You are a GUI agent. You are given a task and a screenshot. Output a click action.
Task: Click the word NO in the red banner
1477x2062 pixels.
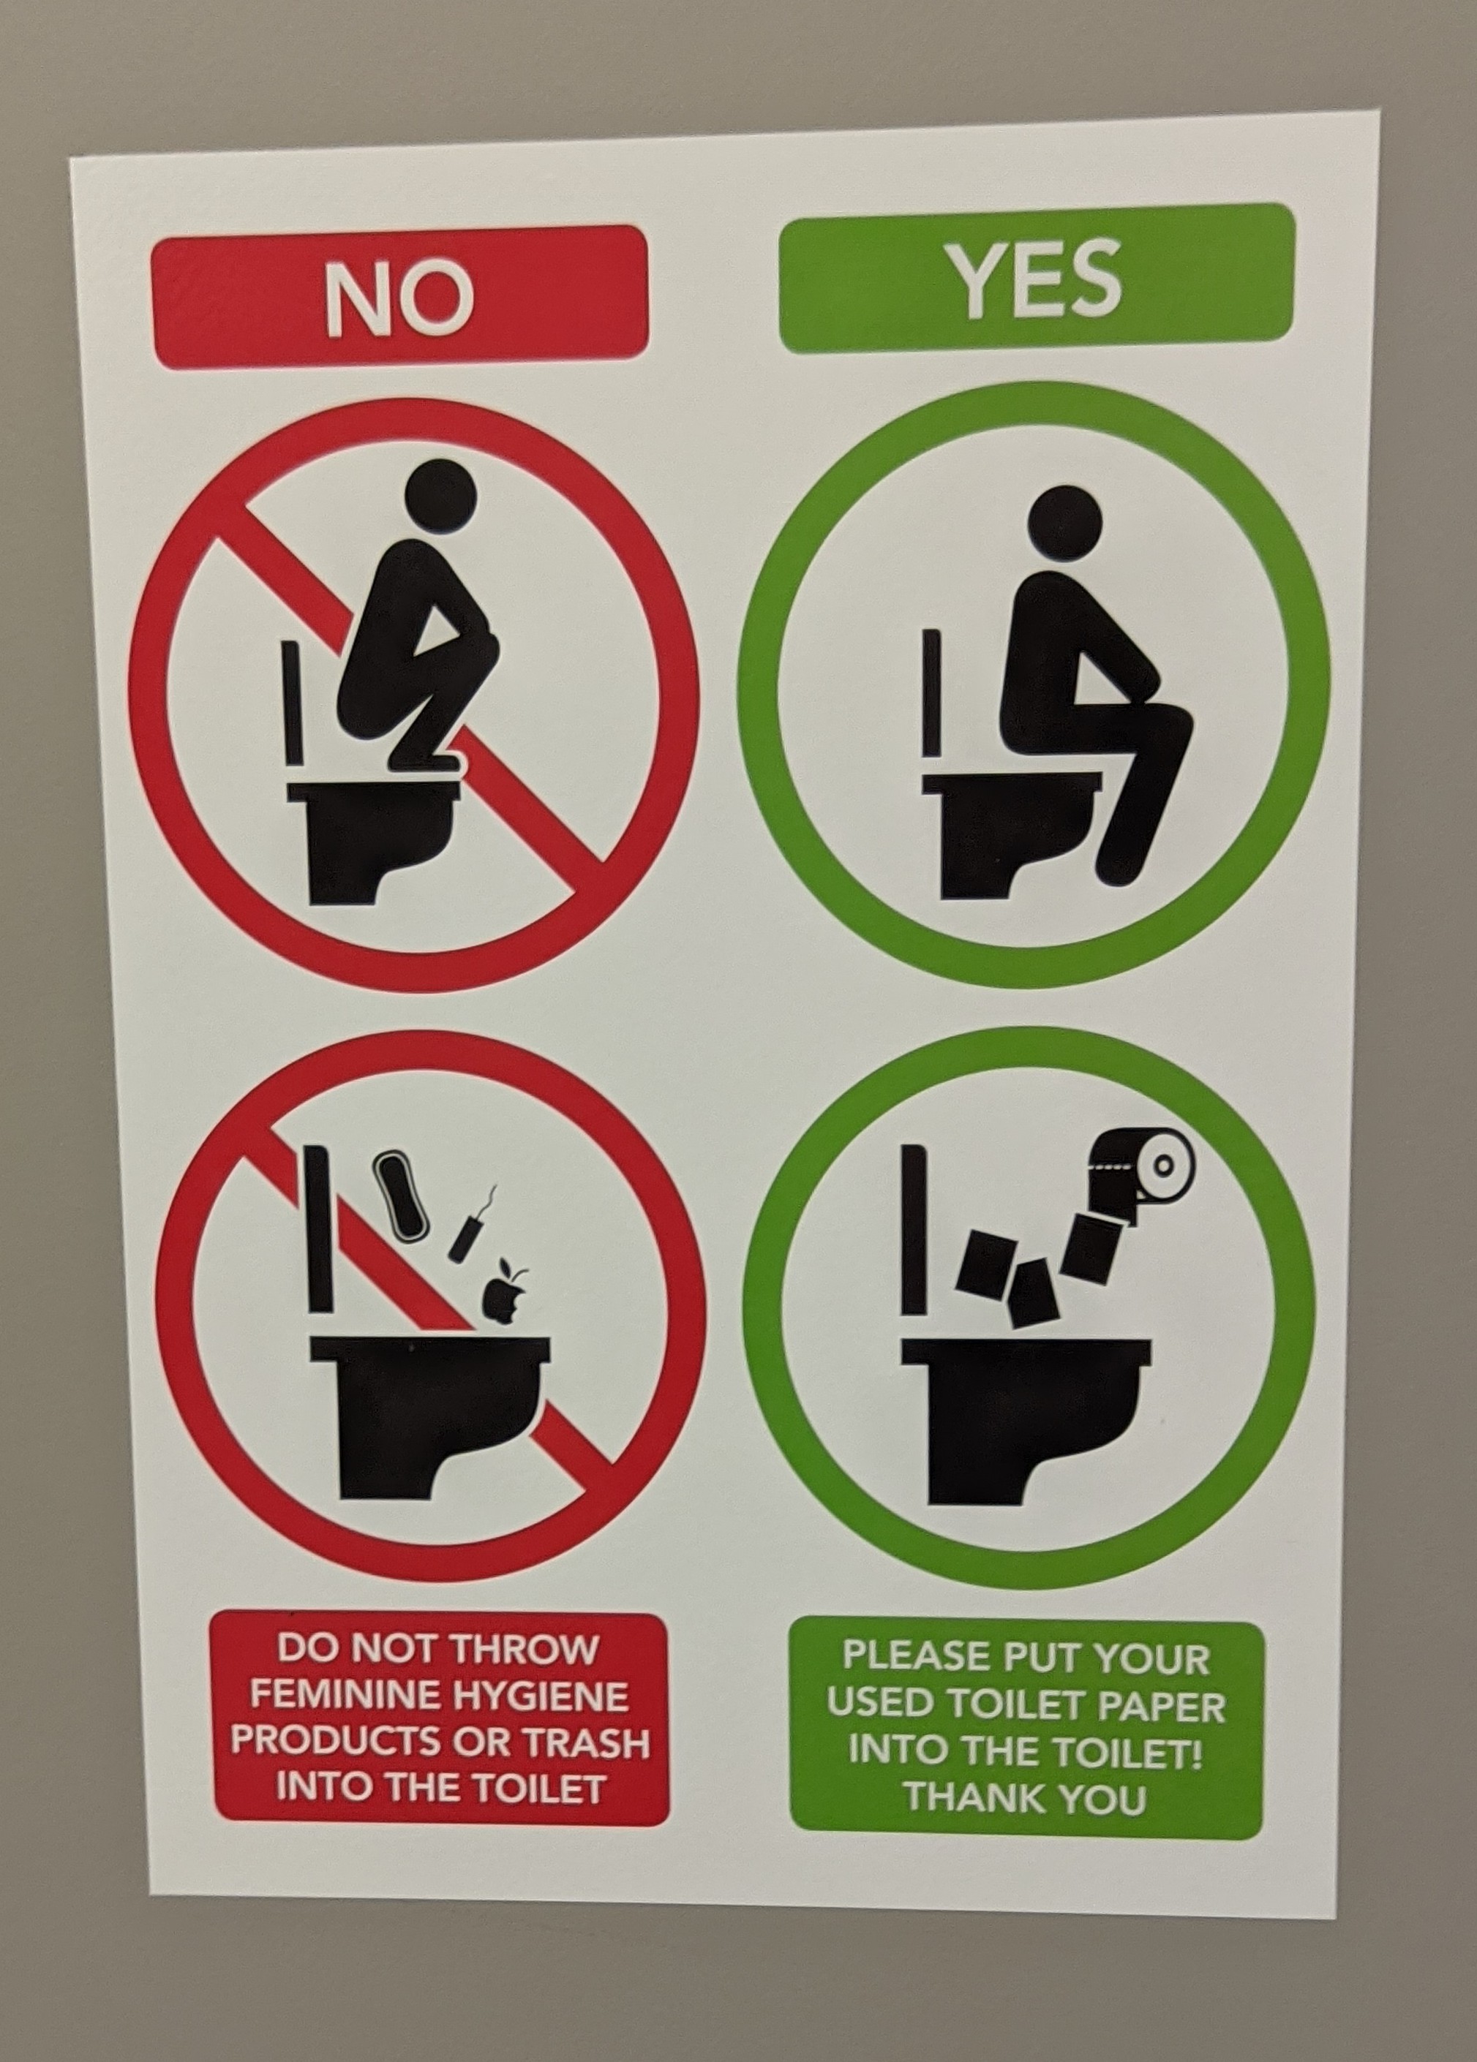pos(400,298)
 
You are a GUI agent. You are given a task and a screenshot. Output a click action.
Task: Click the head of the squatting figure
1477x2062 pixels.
pos(441,494)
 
